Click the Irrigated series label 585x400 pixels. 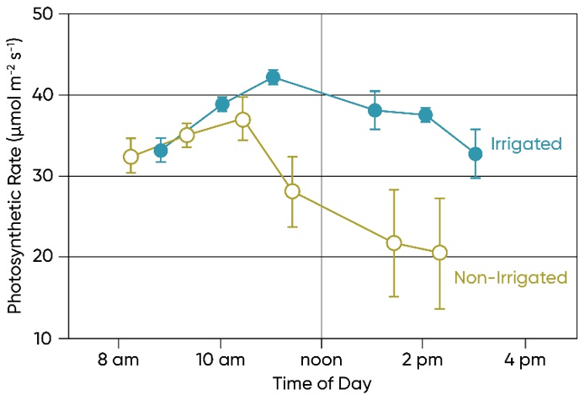click(526, 144)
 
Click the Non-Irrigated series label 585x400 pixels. click(510, 277)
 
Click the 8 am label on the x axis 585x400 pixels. click(118, 360)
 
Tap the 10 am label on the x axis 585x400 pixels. click(220, 360)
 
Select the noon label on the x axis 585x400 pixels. click(322, 360)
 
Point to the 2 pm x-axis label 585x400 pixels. click(423, 360)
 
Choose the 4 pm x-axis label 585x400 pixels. click(524, 360)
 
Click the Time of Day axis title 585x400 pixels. click(322, 383)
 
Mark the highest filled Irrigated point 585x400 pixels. click(273, 77)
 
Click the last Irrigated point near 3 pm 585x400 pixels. click(476, 153)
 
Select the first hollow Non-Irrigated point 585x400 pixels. click(130, 157)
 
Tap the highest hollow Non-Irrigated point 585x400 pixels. click(242, 120)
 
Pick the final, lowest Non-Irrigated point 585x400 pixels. click(439, 253)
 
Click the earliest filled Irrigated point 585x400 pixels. click(161, 151)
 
